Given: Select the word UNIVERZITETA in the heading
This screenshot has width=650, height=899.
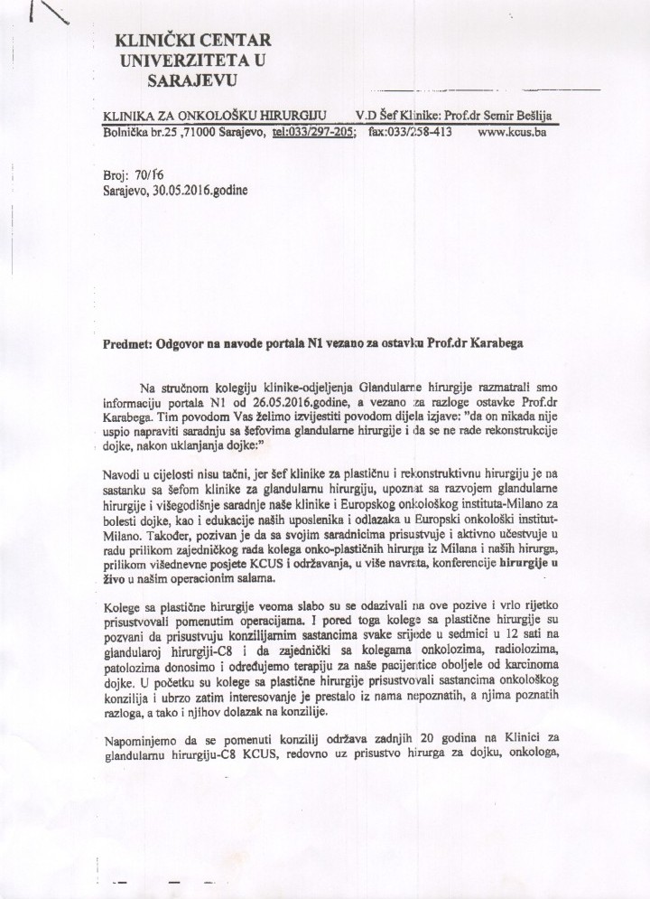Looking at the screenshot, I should click(177, 61).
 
